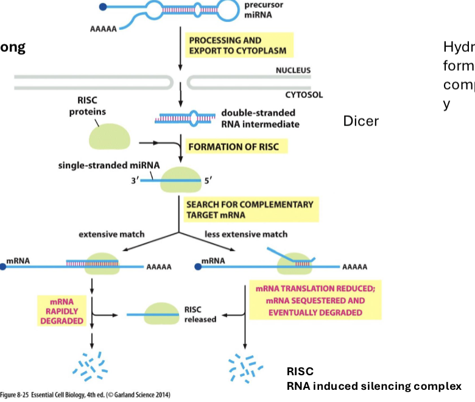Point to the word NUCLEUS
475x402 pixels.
click(x=293, y=70)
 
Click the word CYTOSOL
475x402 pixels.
click(x=304, y=95)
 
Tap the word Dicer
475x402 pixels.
click(x=361, y=121)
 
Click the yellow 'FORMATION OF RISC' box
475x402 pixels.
click(x=236, y=147)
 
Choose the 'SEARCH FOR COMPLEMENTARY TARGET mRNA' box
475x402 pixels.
click(x=250, y=210)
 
